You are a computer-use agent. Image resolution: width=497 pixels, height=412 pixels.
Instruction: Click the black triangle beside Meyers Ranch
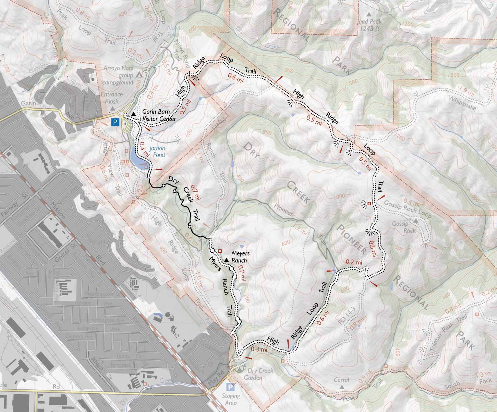coord(226,261)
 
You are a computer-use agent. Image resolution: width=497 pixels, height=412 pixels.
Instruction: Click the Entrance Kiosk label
coord(112,98)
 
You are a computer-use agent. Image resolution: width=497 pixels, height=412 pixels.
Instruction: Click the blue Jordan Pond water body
coord(136,158)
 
